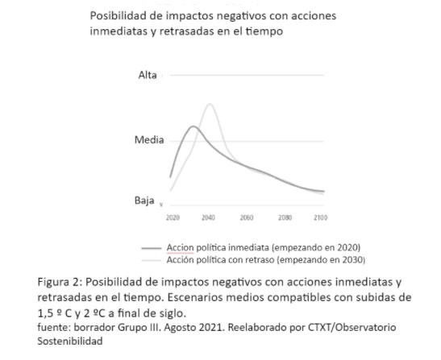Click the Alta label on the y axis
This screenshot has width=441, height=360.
tap(148, 75)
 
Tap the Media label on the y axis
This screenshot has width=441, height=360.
tap(149, 139)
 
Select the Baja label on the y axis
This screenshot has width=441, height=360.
tap(144, 201)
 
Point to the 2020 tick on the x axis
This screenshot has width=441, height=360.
tap(173, 217)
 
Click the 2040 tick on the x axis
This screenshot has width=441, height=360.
tap(208, 217)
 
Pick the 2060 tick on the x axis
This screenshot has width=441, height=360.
tap(247, 217)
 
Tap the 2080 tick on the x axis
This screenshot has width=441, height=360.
tap(285, 217)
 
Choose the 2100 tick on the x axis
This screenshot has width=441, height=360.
tap(321, 217)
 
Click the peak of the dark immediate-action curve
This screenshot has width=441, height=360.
tap(193, 126)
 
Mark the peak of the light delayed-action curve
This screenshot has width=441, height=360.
tap(210, 104)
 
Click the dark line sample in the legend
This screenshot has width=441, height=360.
tap(152, 248)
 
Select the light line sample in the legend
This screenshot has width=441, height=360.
tap(152, 260)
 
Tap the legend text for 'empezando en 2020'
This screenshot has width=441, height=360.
tap(316, 247)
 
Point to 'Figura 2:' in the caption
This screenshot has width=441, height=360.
tap(60, 282)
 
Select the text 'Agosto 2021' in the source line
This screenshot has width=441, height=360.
tap(194, 328)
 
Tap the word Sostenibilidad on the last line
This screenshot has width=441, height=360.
tap(70, 341)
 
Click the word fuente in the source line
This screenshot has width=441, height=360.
tap(54, 328)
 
